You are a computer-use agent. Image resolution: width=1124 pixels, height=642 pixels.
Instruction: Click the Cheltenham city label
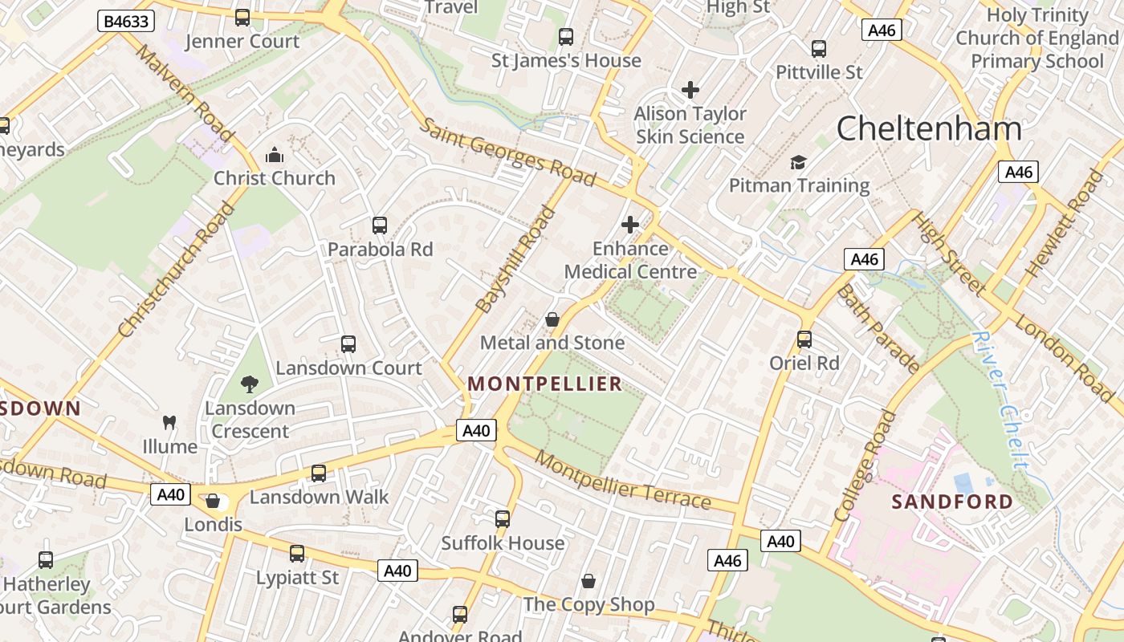pyautogui.click(x=929, y=129)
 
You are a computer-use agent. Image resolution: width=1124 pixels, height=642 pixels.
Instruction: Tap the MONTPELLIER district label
pyautogui.click(x=545, y=384)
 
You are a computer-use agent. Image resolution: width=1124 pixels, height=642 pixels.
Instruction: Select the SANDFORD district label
pyautogui.click(x=952, y=502)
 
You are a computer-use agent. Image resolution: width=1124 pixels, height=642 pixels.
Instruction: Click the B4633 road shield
pyautogui.click(x=126, y=21)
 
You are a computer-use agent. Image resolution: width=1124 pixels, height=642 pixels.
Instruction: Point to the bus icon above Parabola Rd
pyautogui.click(x=380, y=226)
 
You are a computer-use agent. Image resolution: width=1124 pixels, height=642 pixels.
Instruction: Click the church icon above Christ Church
pyautogui.click(x=275, y=154)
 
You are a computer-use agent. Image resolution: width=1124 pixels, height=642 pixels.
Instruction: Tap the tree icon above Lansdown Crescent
pyautogui.click(x=250, y=384)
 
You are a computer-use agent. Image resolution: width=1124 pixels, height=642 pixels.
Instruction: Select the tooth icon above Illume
pyautogui.click(x=169, y=422)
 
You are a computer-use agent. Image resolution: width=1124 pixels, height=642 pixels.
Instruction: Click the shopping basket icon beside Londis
pyautogui.click(x=213, y=501)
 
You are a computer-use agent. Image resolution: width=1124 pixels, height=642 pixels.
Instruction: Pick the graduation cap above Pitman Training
pyautogui.click(x=798, y=162)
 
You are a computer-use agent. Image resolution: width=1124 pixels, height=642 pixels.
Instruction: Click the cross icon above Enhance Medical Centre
pyautogui.click(x=630, y=225)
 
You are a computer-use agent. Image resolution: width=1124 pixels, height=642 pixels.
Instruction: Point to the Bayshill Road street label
pyautogui.click(x=515, y=260)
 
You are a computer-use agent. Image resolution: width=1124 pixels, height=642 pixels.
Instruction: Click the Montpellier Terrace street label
pyautogui.click(x=622, y=480)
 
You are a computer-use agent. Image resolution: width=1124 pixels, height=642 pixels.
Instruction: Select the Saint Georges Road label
pyautogui.click(x=508, y=152)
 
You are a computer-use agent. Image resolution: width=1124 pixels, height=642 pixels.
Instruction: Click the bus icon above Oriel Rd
pyautogui.click(x=804, y=339)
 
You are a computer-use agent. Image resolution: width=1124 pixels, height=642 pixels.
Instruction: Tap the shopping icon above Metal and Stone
pyautogui.click(x=552, y=319)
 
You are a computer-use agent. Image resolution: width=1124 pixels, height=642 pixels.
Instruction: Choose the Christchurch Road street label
pyautogui.click(x=176, y=270)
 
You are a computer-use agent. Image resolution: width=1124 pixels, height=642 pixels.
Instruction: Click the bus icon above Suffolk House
pyautogui.click(x=503, y=519)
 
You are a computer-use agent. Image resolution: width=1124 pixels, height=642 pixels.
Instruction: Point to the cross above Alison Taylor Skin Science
pyautogui.click(x=690, y=90)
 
